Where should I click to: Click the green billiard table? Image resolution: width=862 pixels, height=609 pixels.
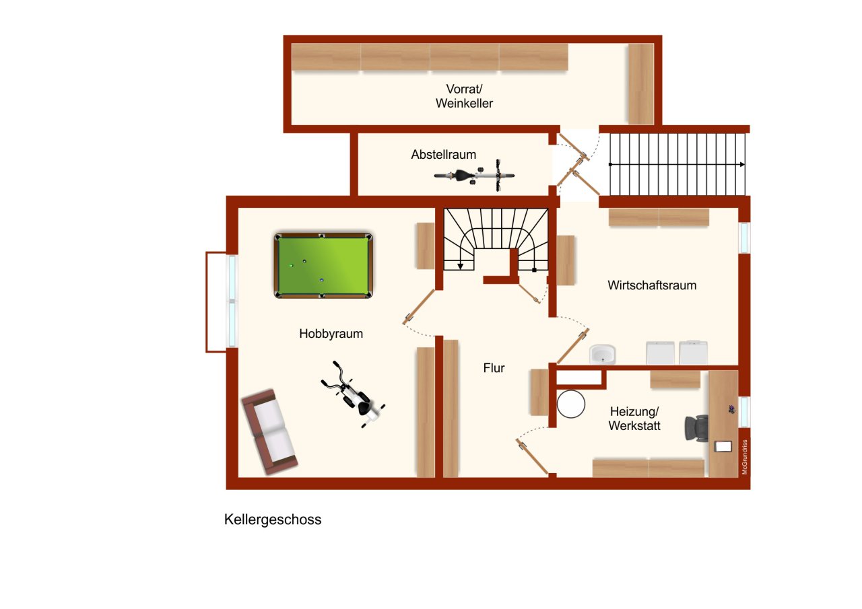(323, 266)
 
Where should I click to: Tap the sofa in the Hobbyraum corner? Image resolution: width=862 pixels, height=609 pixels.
(269, 431)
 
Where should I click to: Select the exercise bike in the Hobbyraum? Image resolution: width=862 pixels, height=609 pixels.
(354, 396)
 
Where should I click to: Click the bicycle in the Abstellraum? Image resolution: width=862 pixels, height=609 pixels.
(475, 176)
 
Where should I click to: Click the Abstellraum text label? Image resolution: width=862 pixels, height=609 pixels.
(443, 155)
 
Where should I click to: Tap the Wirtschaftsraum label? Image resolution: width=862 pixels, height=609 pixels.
(651, 285)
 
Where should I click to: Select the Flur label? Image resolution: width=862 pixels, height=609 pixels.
(494, 368)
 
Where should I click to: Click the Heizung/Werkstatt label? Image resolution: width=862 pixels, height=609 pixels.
(634, 419)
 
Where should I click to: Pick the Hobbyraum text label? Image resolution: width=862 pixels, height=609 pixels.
(331, 334)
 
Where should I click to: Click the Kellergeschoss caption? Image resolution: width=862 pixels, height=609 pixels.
(273, 520)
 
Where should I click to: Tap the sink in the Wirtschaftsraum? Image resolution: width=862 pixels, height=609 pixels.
(602, 354)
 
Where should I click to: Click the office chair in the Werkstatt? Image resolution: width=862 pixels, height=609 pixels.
(697, 427)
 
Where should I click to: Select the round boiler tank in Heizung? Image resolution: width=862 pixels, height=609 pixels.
(572, 404)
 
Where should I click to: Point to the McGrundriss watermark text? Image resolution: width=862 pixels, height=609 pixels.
(745, 458)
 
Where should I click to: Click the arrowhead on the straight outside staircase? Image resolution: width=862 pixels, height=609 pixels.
(741, 164)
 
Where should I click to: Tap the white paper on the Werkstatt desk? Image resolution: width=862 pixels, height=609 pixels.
(723, 446)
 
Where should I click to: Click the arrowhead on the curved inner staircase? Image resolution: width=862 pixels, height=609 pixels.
(461, 266)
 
